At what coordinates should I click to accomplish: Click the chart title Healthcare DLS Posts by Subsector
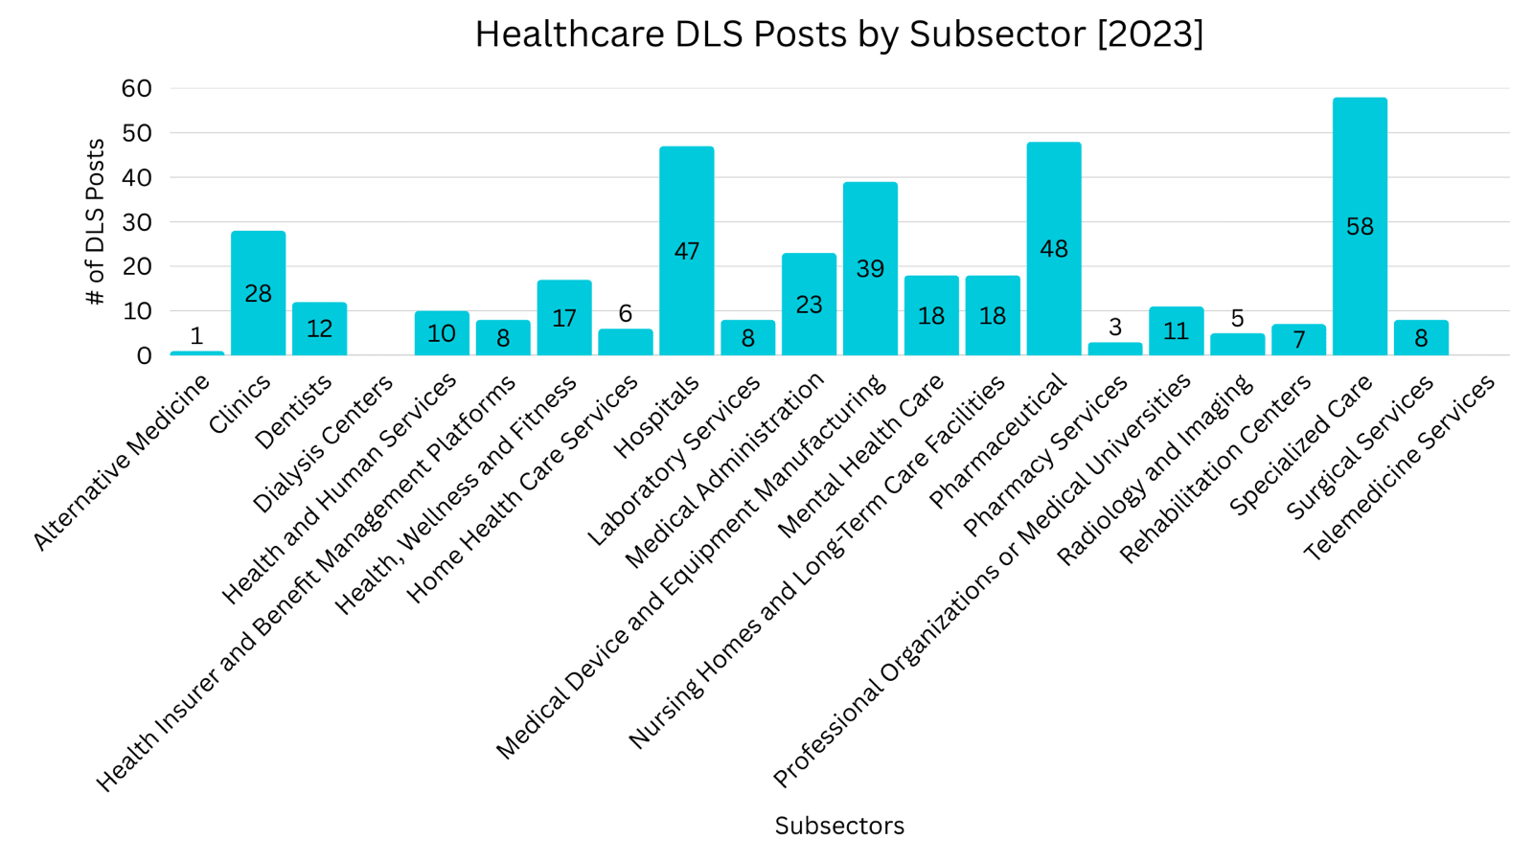coord(838,34)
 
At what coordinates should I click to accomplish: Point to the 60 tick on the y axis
coord(137,88)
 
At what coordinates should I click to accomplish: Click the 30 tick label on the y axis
coord(137,222)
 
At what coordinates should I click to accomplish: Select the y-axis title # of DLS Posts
coord(95,222)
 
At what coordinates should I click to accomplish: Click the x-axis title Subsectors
coord(839,826)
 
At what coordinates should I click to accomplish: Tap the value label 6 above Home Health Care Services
coord(626,313)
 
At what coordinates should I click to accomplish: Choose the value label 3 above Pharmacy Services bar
coord(1115,328)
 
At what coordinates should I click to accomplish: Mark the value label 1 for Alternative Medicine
coord(196,336)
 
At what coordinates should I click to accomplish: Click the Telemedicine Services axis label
coord(1401,466)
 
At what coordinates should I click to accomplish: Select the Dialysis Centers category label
coord(324,443)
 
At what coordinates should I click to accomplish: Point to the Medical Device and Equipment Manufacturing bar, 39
coord(870,269)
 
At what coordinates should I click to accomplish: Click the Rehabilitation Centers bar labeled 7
coord(1299,340)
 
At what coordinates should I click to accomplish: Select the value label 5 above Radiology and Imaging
coord(1238,318)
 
